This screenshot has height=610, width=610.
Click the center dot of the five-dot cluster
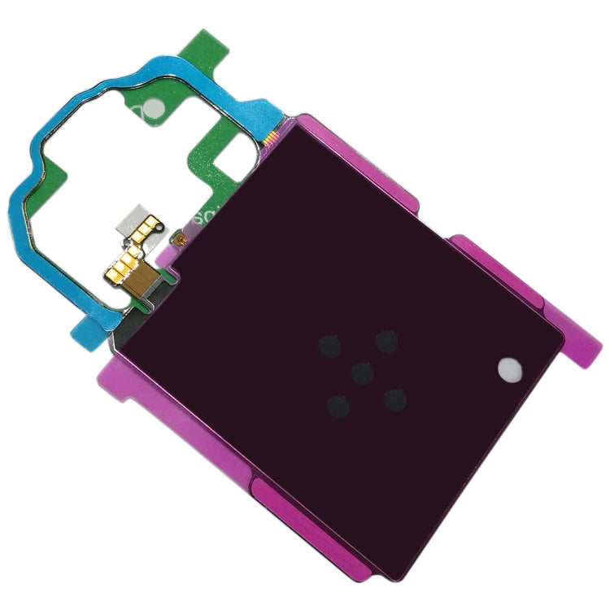pos(363,372)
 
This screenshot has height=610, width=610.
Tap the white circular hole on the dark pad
pos(510,368)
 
